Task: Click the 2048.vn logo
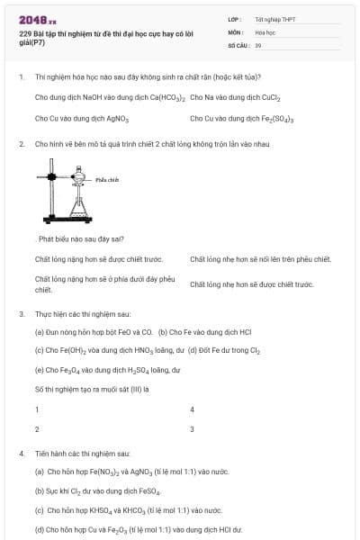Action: [x=38, y=20]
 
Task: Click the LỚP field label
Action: [x=234, y=19]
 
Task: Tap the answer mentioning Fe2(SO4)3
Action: [x=243, y=118]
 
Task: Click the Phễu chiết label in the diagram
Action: [x=108, y=179]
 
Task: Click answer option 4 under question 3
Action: [x=193, y=409]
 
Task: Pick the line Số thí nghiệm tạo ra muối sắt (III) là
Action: [x=92, y=389]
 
